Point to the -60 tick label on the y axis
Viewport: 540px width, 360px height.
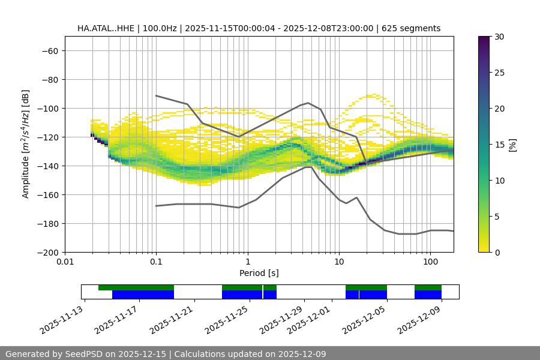[x=49, y=50]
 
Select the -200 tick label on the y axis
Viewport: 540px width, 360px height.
[x=46, y=252]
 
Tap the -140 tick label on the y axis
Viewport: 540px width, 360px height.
[x=46, y=166]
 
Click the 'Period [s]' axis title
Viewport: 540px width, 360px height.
[x=259, y=273]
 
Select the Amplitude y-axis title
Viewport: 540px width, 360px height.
[x=26, y=144]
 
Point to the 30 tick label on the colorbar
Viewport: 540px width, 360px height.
[x=499, y=37]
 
